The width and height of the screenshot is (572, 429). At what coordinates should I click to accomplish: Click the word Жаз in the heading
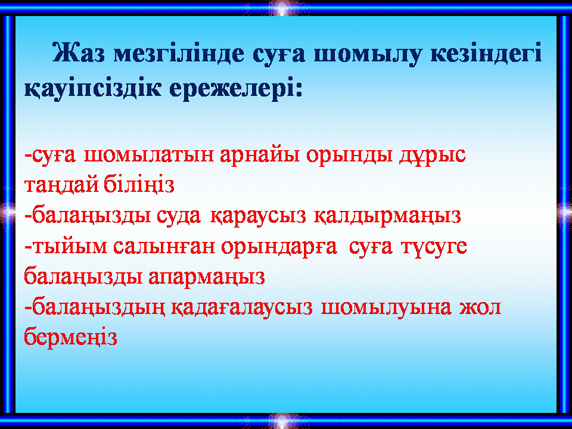pyautogui.click(x=79, y=54)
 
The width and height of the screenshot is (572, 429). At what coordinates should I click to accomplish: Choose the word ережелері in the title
pyautogui.click(x=236, y=88)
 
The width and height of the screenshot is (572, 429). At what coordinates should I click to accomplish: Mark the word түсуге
pyautogui.click(x=434, y=247)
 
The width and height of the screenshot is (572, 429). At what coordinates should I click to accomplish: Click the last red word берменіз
pyautogui.click(x=70, y=337)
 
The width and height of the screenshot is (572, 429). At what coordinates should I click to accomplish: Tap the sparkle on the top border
pyautogui.click(x=282, y=8)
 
